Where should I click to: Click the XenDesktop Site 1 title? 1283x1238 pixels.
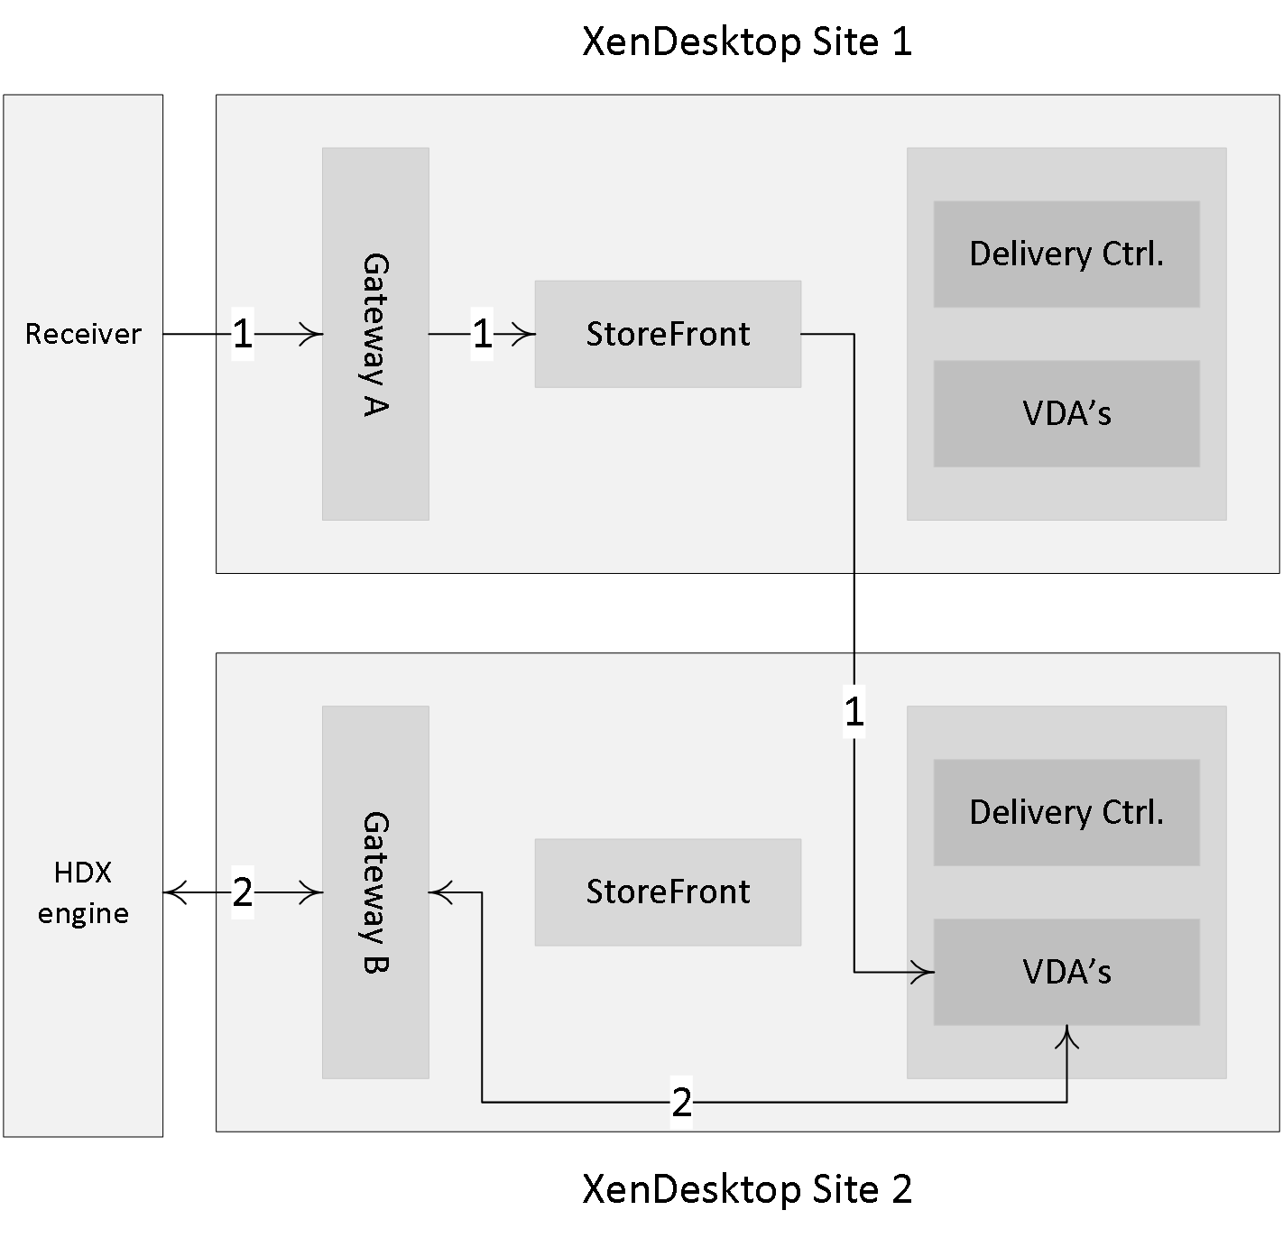(x=747, y=42)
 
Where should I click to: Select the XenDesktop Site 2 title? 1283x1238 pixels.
(x=747, y=1190)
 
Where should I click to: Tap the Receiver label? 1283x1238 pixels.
(x=83, y=334)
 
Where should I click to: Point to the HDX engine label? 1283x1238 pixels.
(x=83, y=892)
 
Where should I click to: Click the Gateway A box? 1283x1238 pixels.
(x=375, y=334)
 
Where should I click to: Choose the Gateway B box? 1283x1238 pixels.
(x=375, y=892)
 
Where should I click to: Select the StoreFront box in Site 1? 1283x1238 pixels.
(x=668, y=334)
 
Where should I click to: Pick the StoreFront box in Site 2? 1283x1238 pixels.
(x=668, y=892)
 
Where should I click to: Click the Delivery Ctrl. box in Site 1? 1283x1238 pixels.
(x=1066, y=254)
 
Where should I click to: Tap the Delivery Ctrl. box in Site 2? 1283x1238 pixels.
(x=1066, y=812)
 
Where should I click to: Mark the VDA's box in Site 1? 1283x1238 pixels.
(x=1066, y=413)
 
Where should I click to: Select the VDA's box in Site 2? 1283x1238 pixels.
(x=1066, y=972)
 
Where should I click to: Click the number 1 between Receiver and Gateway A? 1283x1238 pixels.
(x=243, y=334)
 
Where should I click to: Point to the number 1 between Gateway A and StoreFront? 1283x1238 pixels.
(x=482, y=334)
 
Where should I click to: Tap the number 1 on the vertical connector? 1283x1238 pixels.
(x=854, y=712)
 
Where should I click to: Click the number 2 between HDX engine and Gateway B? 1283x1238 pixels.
(x=243, y=892)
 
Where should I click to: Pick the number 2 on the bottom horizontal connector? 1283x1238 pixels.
(x=682, y=1103)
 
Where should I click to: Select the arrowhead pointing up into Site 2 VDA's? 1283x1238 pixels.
(x=1066, y=1037)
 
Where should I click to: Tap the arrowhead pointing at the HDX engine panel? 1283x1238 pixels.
(x=175, y=892)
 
